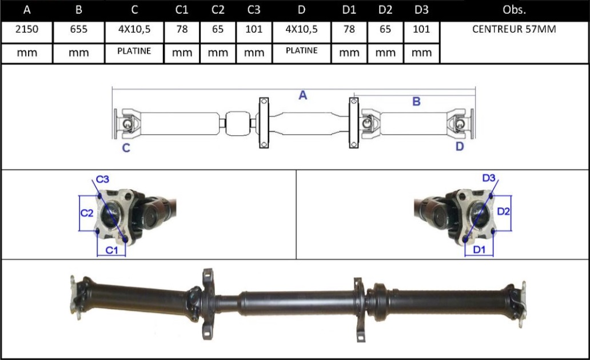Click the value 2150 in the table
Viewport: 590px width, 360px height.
coord(27,29)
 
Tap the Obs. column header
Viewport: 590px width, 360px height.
coord(514,10)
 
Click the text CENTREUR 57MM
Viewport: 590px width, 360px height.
coord(514,29)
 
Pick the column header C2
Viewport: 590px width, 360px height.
coord(218,10)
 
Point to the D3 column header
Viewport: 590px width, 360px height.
coord(421,10)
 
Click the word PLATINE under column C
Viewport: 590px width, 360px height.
coord(134,51)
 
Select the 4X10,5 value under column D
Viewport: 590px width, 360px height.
coord(301,29)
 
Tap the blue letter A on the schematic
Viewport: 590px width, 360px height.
coord(303,95)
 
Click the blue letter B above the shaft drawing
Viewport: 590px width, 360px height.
coord(416,102)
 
